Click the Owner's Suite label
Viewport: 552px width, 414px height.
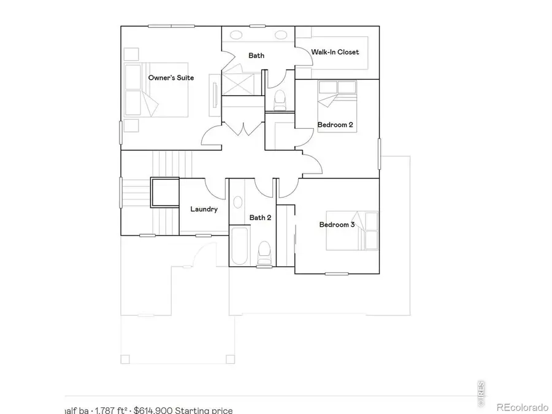coord(171,78)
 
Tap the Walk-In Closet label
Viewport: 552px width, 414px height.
coord(335,52)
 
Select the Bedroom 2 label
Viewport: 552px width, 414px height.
coord(335,125)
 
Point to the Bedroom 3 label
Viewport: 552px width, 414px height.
coord(337,224)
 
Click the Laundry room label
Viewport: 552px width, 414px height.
coord(204,209)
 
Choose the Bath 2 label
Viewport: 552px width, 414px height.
coord(260,217)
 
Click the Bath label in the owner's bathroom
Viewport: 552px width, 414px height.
coord(256,56)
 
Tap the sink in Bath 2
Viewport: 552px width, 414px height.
coord(237,202)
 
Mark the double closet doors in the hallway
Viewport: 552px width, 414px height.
coord(243,129)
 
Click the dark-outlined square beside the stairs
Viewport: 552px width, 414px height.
coord(164,192)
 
